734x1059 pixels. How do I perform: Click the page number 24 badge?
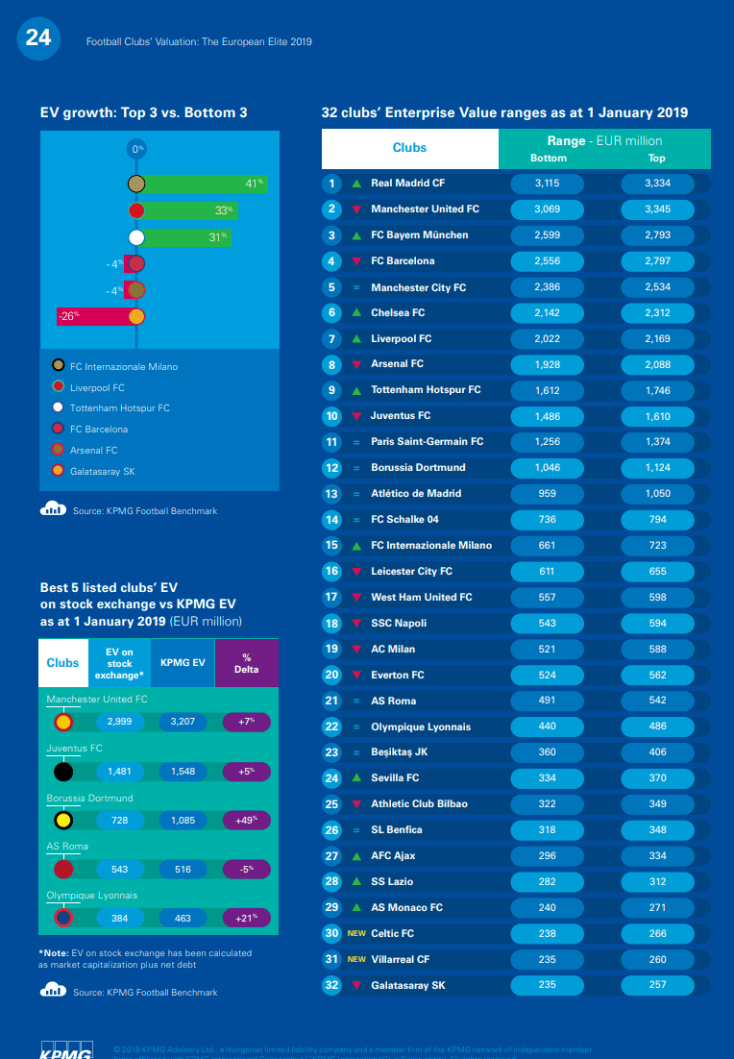[38, 38]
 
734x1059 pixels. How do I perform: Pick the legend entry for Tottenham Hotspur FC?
[120, 408]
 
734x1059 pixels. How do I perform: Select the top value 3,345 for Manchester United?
[657, 209]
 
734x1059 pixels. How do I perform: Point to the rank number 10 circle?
[332, 416]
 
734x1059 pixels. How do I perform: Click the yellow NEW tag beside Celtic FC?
[356, 933]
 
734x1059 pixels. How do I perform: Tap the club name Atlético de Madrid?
[416, 494]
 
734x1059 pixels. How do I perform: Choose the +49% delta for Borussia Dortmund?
[246, 820]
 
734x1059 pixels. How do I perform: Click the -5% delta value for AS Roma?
[246, 870]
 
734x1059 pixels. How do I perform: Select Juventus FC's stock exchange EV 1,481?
[120, 771]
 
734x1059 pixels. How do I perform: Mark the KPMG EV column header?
[183, 662]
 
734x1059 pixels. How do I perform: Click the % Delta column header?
[246, 662]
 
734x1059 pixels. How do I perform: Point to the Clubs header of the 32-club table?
[409, 148]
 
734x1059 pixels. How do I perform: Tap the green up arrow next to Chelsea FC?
[356, 313]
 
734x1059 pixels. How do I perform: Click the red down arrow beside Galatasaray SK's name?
[356, 985]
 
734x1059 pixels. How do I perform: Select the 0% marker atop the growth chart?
[137, 149]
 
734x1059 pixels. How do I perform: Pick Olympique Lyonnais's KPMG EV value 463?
[183, 919]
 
